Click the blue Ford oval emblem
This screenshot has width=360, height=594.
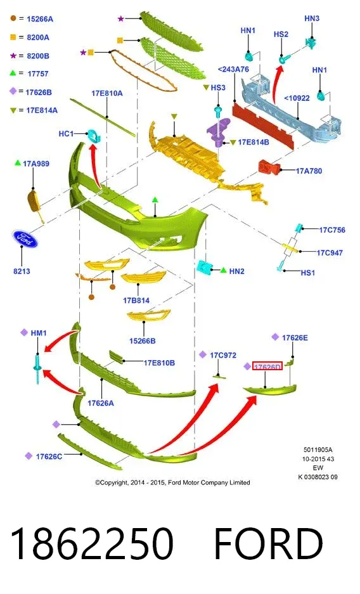(x=25, y=238)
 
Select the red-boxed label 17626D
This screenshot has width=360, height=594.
(x=267, y=366)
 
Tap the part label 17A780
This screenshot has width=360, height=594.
(x=309, y=171)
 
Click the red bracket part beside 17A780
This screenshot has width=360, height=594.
(x=269, y=167)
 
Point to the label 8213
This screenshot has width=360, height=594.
(x=22, y=271)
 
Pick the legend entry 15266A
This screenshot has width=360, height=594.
(x=40, y=19)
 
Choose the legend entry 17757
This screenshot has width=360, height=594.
(x=38, y=74)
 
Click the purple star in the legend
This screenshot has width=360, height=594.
(x=13, y=56)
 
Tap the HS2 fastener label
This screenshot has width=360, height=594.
(x=281, y=34)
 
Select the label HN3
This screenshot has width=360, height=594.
(x=312, y=18)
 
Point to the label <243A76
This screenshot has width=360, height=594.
(x=233, y=69)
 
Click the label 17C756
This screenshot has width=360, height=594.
(x=332, y=230)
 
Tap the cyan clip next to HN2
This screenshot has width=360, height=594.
(x=205, y=268)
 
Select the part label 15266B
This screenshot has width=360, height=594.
(x=143, y=341)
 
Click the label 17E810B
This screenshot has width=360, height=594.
(x=159, y=363)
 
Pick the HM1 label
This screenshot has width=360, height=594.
(x=39, y=333)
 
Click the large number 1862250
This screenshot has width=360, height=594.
(x=92, y=543)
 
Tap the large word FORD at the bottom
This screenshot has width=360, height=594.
(x=268, y=543)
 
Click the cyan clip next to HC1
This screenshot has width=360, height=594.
(x=94, y=136)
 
